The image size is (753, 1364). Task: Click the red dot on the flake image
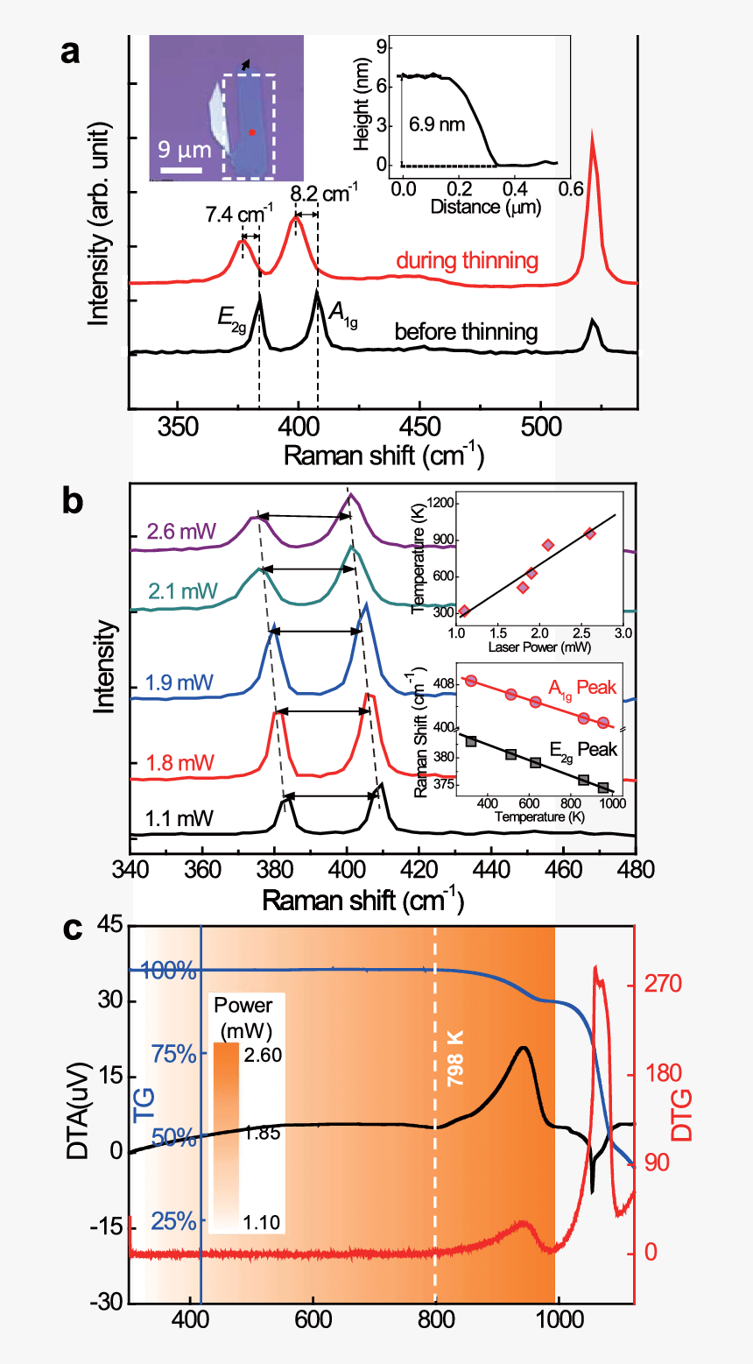[x=251, y=132]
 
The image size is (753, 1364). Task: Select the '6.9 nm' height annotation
[x=437, y=124]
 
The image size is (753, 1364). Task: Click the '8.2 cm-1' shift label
[x=324, y=192]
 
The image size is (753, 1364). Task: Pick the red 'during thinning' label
[x=467, y=261]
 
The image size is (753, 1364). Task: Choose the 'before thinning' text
[x=466, y=332]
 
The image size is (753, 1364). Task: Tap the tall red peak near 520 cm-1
[x=593, y=140]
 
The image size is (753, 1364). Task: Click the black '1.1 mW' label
[x=179, y=820]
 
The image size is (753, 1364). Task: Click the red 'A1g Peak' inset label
[x=582, y=689]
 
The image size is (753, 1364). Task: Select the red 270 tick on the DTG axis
[x=663, y=985]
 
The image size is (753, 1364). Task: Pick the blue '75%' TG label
[x=173, y=1054]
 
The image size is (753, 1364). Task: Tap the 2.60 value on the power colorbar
[x=263, y=1055]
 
